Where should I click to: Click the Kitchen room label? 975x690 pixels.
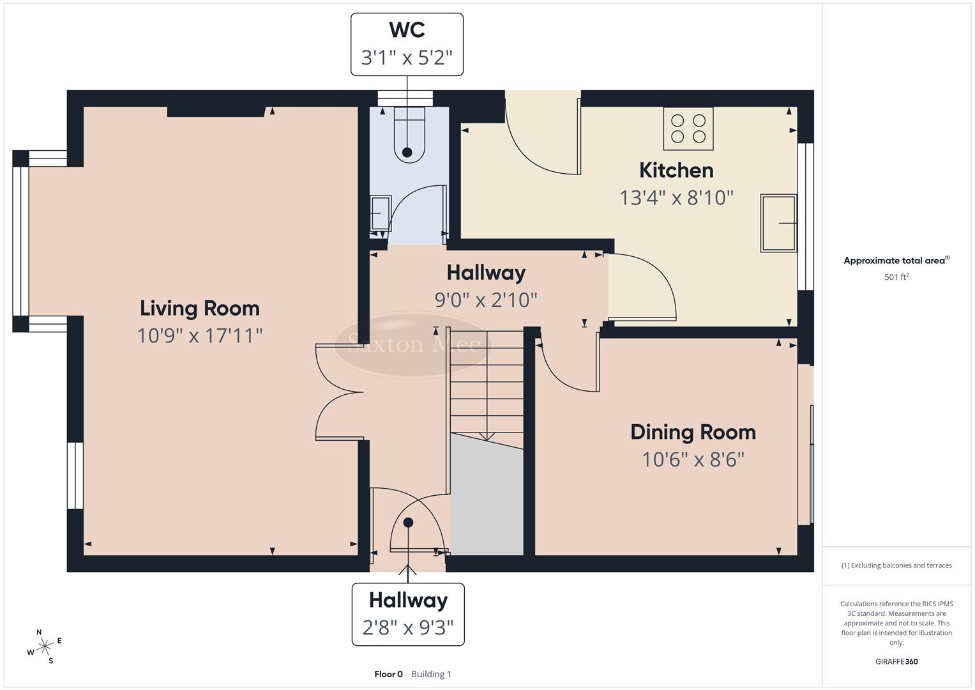coord(676,171)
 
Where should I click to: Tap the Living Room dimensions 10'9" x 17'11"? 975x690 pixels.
coord(200,335)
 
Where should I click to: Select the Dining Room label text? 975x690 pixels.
coord(693,433)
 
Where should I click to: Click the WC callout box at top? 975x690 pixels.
coord(407,44)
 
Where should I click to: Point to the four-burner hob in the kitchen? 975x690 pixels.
coord(688,128)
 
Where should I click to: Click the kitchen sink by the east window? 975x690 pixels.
coord(778,223)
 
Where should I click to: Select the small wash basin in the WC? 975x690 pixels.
coord(381,213)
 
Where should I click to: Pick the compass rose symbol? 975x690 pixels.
coord(44,647)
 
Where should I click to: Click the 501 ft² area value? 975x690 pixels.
coord(896,277)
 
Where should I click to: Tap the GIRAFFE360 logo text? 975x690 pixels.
coord(896,661)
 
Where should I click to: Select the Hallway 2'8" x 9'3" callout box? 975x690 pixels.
coord(408,614)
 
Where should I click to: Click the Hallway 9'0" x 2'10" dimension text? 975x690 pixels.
coord(486,300)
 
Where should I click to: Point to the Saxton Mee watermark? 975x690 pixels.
coord(414,345)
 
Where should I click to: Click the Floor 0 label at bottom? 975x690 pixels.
coord(388,674)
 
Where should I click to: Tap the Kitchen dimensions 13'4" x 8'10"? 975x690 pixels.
coord(676,198)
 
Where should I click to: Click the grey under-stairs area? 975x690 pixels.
coord(487,498)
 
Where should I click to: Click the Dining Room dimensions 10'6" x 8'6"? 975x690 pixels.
coord(693,459)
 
